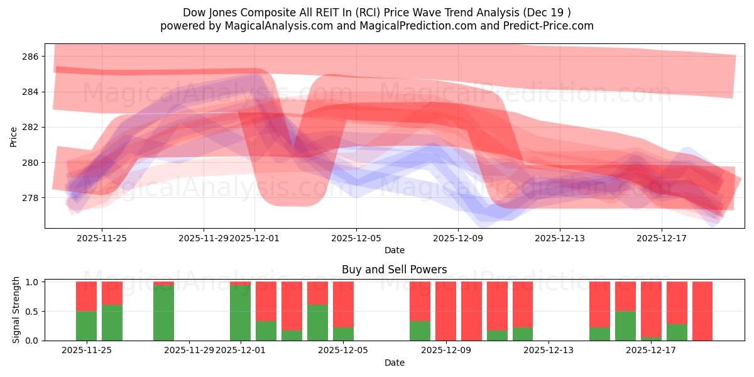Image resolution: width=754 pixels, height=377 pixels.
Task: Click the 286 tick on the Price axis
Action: (31, 57)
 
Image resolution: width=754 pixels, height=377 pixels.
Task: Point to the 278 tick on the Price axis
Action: (31, 198)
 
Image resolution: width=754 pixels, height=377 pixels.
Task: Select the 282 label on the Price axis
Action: (31, 127)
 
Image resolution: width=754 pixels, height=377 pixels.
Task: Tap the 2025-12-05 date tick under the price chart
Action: (356, 238)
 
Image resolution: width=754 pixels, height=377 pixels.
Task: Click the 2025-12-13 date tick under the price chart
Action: (560, 238)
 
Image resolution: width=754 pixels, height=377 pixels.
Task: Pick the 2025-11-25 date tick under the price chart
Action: (102, 238)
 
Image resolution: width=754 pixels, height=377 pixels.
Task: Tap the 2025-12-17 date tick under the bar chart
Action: (651, 350)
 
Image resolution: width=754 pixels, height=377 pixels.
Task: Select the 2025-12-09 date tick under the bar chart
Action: (445, 350)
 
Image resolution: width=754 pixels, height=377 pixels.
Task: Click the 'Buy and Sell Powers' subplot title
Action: (394, 270)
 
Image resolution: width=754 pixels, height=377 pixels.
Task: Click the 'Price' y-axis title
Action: (14, 136)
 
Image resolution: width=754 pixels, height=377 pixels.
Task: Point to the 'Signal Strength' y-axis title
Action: (16, 310)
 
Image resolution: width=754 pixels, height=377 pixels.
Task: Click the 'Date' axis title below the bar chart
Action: (394, 363)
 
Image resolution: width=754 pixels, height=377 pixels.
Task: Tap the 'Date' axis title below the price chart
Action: (394, 250)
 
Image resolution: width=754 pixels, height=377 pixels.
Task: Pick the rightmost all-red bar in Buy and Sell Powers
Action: (702, 311)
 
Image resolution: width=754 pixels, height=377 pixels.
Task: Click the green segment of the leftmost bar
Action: (86, 325)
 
